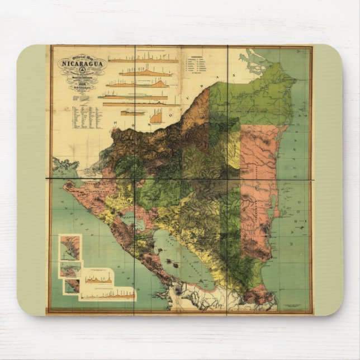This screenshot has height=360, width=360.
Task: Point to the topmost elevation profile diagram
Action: [143, 59]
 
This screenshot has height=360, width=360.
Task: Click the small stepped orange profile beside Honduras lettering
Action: [156, 117]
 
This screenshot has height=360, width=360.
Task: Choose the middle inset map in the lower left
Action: [71, 269]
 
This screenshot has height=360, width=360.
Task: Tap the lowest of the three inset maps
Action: [72, 286]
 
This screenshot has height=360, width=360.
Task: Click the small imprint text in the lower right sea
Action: [293, 305]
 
